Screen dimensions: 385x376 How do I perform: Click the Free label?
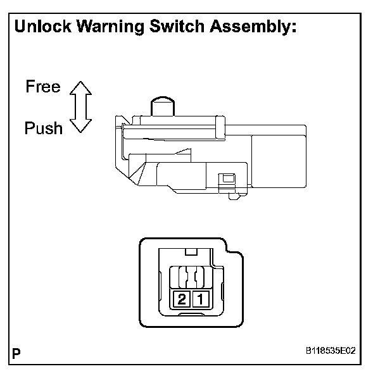[x=43, y=87]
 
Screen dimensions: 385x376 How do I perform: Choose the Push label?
[x=43, y=128]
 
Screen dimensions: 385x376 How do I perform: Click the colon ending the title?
[x=295, y=28]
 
